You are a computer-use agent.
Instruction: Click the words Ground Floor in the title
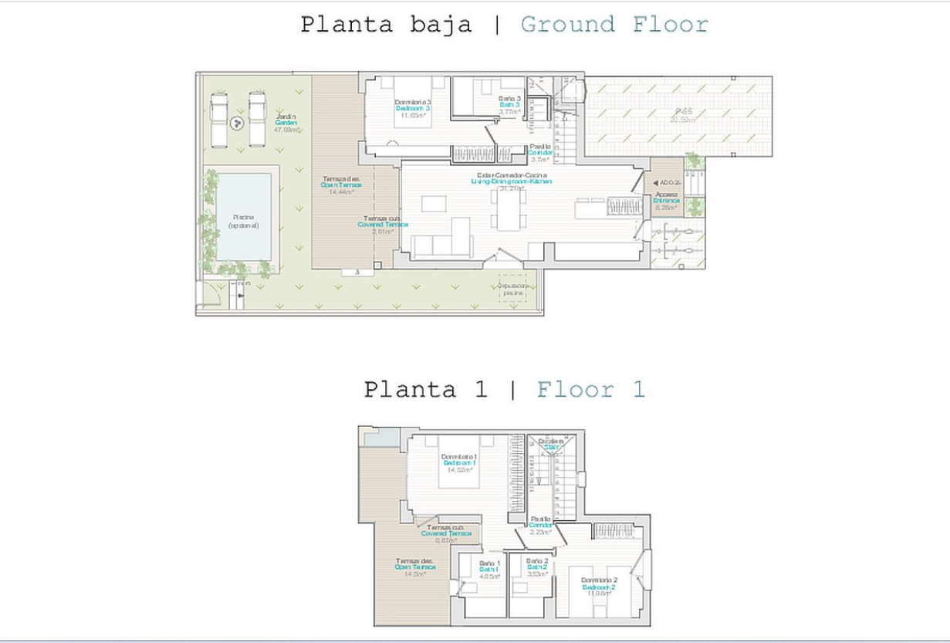pyautogui.click(x=614, y=25)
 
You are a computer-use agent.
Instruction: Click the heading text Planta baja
pyautogui.click(x=386, y=25)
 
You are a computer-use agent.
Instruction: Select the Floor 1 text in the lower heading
pyautogui.click(x=590, y=389)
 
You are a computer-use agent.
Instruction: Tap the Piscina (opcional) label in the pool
pyautogui.click(x=244, y=222)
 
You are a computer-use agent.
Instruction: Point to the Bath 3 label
pyautogui.click(x=510, y=105)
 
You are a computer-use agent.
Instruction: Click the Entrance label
pyautogui.click(x=666, y=201)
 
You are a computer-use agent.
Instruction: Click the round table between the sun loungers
pyautogui.click(x=238, y=120)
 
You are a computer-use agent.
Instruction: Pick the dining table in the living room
pyautogui.click(x=509, y=209)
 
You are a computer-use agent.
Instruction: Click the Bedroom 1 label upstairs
pyautogui.click(x=458, y=462)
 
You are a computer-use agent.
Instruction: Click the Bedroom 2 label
pyautogui.click(x=598, y=587)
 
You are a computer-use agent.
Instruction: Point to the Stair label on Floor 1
pyautogui.click(x=551, y=445)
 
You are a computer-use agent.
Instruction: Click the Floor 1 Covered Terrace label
pyautogui.click(x=446, y=533)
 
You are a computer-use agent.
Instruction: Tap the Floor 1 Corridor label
pyautogui.click(x=540, y=525)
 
